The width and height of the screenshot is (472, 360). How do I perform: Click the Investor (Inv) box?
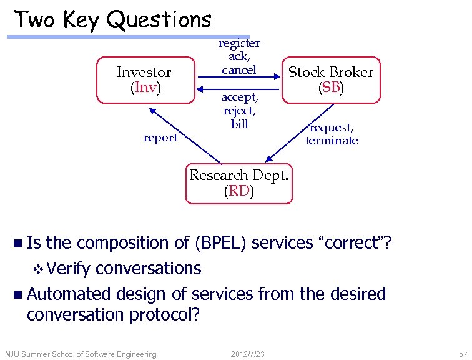pos(144,79)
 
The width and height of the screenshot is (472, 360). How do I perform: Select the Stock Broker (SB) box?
pos(330,79)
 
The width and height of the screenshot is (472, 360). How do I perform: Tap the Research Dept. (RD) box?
pos(238,183)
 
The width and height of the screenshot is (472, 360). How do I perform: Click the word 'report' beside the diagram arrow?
pos(160,137)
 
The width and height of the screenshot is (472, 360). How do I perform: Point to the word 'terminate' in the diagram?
pos(332,141)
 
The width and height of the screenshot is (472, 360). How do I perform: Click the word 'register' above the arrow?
pos(238,43)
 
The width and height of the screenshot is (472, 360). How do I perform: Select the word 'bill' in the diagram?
pos(239,124)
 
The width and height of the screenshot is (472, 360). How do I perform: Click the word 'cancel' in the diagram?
pos(238,69)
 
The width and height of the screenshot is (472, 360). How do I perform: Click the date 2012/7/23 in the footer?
pos(248,354)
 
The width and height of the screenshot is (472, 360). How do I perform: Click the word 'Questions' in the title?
pos(159,20)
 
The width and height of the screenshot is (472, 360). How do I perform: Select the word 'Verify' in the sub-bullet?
pos(68,269)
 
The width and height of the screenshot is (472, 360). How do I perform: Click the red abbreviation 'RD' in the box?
pos(238,191)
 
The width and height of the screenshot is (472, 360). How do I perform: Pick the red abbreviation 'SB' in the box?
pos(330,87)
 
